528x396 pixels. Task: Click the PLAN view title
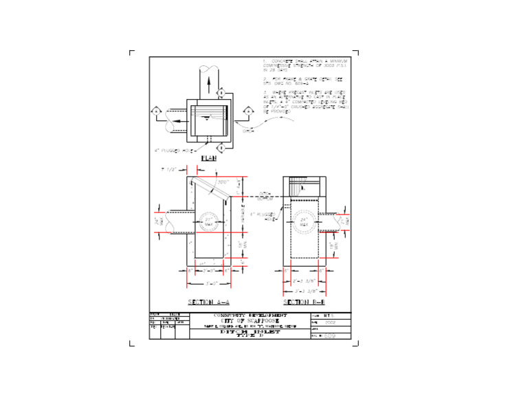click(x=208, y=157)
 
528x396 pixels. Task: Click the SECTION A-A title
click(x=208, y=301)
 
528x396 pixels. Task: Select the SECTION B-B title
click(x=304, y=301)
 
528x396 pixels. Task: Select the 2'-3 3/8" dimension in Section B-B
click(x=303, y=281)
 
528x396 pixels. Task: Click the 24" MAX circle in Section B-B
click(x=304, y=222)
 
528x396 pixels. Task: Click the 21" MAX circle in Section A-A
click(x=209, y=222)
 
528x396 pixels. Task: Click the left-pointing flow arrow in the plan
click(x=177, y=120)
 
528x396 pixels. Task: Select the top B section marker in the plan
click(x=221, y=93)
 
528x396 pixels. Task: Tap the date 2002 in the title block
click(x=329, y=322)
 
